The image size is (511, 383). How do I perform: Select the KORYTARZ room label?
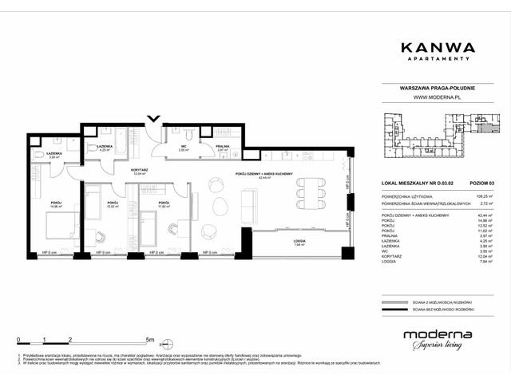click(x=121, y=170)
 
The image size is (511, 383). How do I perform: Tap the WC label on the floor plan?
click(x=184, y=147)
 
